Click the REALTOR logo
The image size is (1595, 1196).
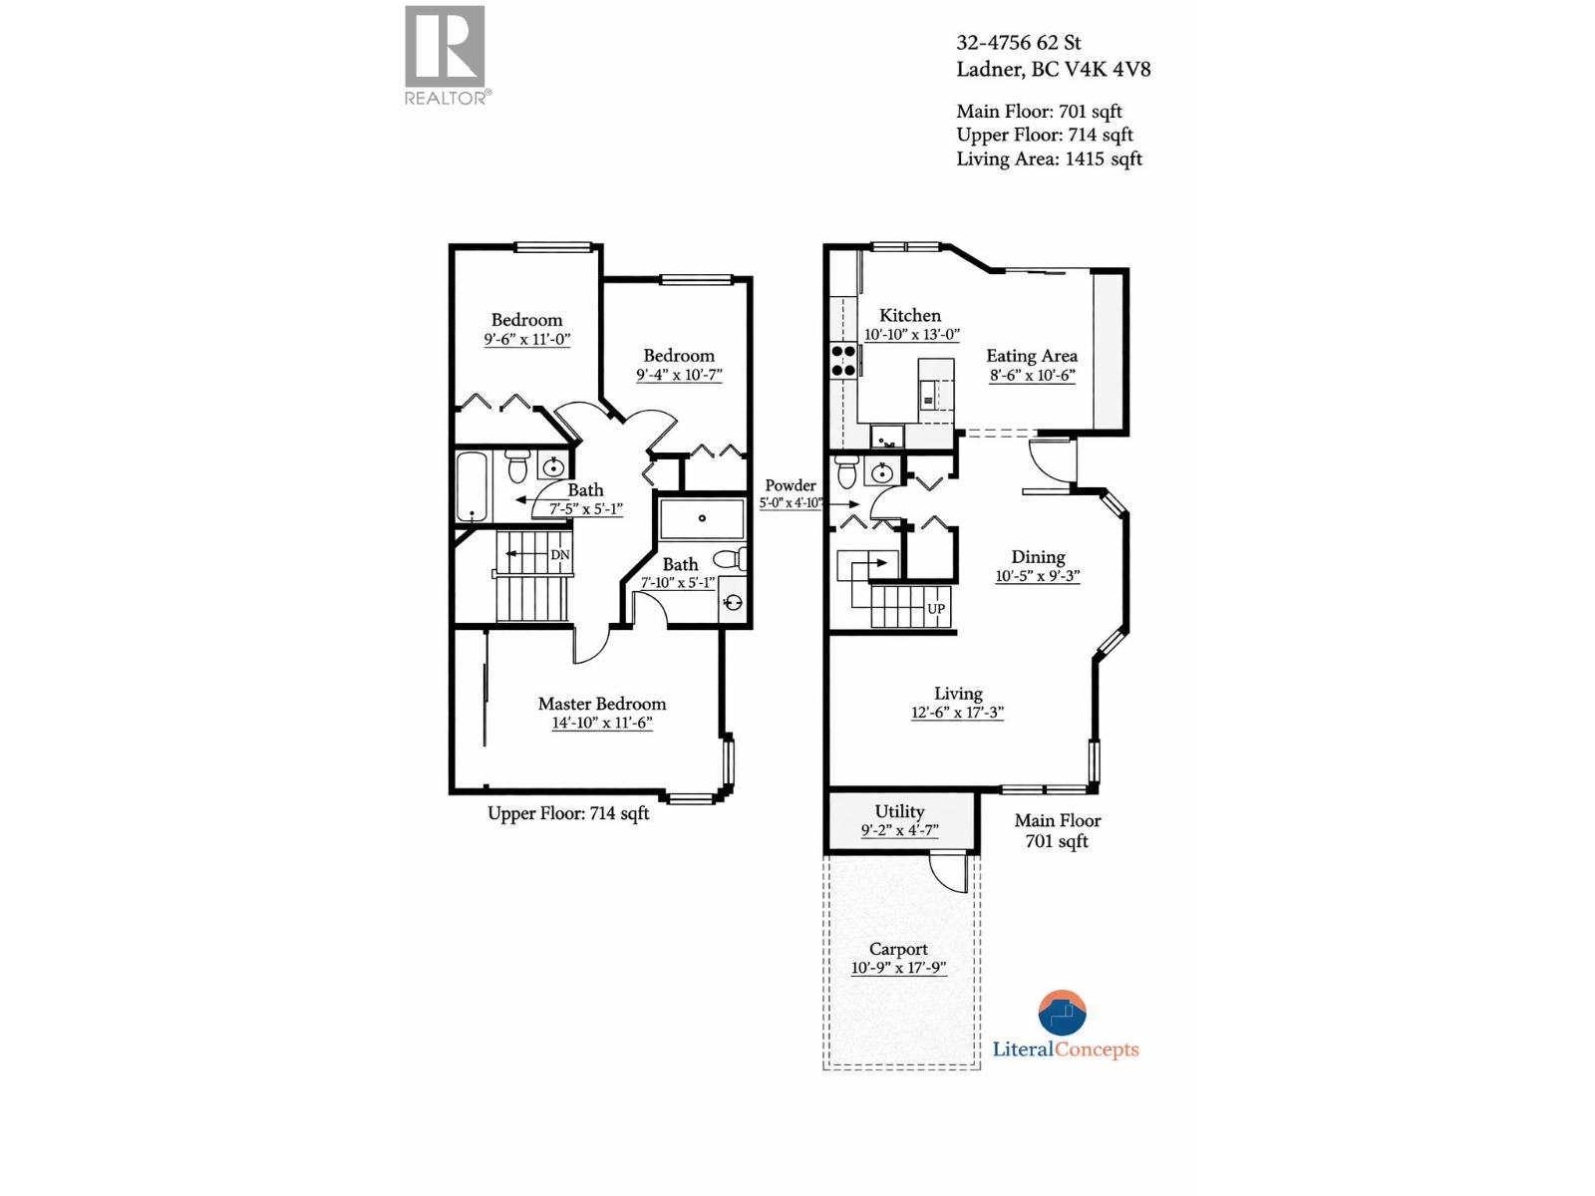coord(445,55)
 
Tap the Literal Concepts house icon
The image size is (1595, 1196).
coord(1062,1014)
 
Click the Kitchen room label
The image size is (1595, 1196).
coord(909,315)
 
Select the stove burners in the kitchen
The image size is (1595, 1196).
coord(843,361)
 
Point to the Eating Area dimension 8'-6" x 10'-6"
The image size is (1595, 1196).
coord(1032,376)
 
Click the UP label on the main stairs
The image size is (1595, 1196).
coord(935,609)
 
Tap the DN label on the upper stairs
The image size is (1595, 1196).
coord(560,555)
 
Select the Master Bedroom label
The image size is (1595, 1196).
coord(601,704)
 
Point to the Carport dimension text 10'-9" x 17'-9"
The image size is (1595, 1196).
coord(897,968)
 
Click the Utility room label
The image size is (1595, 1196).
coord(899,811)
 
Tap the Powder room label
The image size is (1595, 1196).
coord(791,485)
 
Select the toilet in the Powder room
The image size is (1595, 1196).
coord(846,470)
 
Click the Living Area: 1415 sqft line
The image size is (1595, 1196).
coord(1049,158)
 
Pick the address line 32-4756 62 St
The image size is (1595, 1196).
coord(1018,43)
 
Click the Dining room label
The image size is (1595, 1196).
coord(1038,557)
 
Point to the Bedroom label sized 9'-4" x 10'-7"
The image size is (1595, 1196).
coord(678,356)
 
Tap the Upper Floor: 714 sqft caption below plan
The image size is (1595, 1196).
coord(568,813)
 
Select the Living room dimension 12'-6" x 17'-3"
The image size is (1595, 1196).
coord(957,713)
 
